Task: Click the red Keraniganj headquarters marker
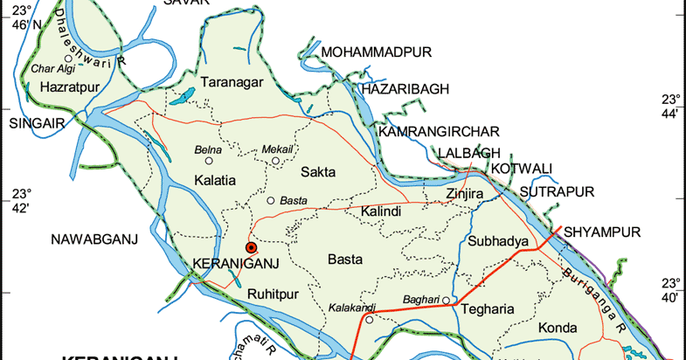pyautogui.click(x=252, y=248)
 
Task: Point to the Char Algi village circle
pyautogui.click(x=67, y=59)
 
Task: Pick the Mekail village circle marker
pyautogui.click(x=275, y=160)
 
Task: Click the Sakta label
pyautogui.click(x=318, y=171)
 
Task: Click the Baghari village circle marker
pyautogui.click(x=445, y=301)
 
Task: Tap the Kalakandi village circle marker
pyautogui.click(x=369, y=320)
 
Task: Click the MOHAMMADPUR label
pyautogui.click(x=377, y=53)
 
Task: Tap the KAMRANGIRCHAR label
pyautogui.click(x=439, y=132)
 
